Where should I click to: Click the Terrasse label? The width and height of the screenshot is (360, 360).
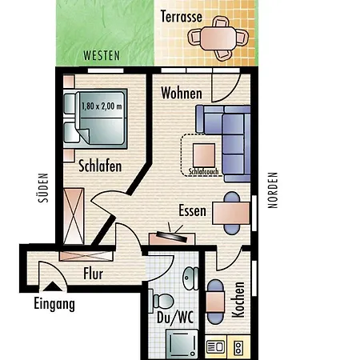tap(180, 16)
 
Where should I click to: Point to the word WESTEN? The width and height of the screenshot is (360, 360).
tap(101, 56)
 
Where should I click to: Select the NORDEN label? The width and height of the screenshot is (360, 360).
tap(273, 190)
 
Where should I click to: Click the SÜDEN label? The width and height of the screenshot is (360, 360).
tap(45, 190)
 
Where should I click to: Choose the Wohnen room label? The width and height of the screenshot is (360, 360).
tap(182, 93)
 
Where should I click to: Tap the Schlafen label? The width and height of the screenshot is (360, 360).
tap(100, 166)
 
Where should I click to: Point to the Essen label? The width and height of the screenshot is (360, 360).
tap(193, 212)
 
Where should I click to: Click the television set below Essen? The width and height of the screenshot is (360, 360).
tap(171, 238)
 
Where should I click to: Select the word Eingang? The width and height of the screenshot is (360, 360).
tap(54, 304)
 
